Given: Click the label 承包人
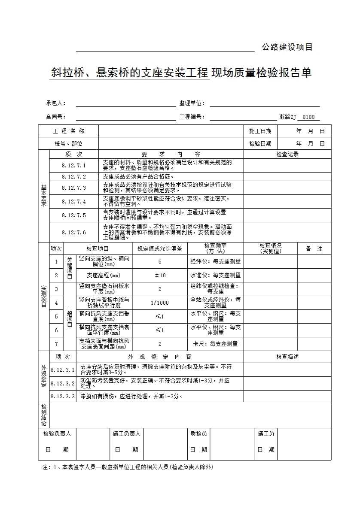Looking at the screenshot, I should [x=55, y=103].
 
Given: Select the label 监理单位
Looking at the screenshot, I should [x=192, y=103].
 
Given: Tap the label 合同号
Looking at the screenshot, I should [x=55, y=117].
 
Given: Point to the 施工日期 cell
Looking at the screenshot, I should [x=260, y=131].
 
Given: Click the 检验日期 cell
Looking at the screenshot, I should [x=260, y=144].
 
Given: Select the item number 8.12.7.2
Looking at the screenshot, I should [x=73, y=176].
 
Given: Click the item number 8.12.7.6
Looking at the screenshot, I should [x=73, y=232].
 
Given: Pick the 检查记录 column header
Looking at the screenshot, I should [x=287, y=154].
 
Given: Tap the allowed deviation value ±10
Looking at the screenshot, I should [x=160, y=275].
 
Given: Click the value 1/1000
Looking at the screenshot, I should [x=160, y=303].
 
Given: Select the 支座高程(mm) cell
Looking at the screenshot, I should [x=104, y=275].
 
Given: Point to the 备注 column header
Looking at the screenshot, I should [x=314, y=249].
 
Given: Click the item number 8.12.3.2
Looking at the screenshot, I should [x=63, y=383].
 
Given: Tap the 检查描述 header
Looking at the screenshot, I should [x=287, y=357].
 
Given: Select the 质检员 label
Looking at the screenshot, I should [x=198, y=434].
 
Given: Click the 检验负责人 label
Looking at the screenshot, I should [x=57, y=434].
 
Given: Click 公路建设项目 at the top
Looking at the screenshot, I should [x=287, y=47].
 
